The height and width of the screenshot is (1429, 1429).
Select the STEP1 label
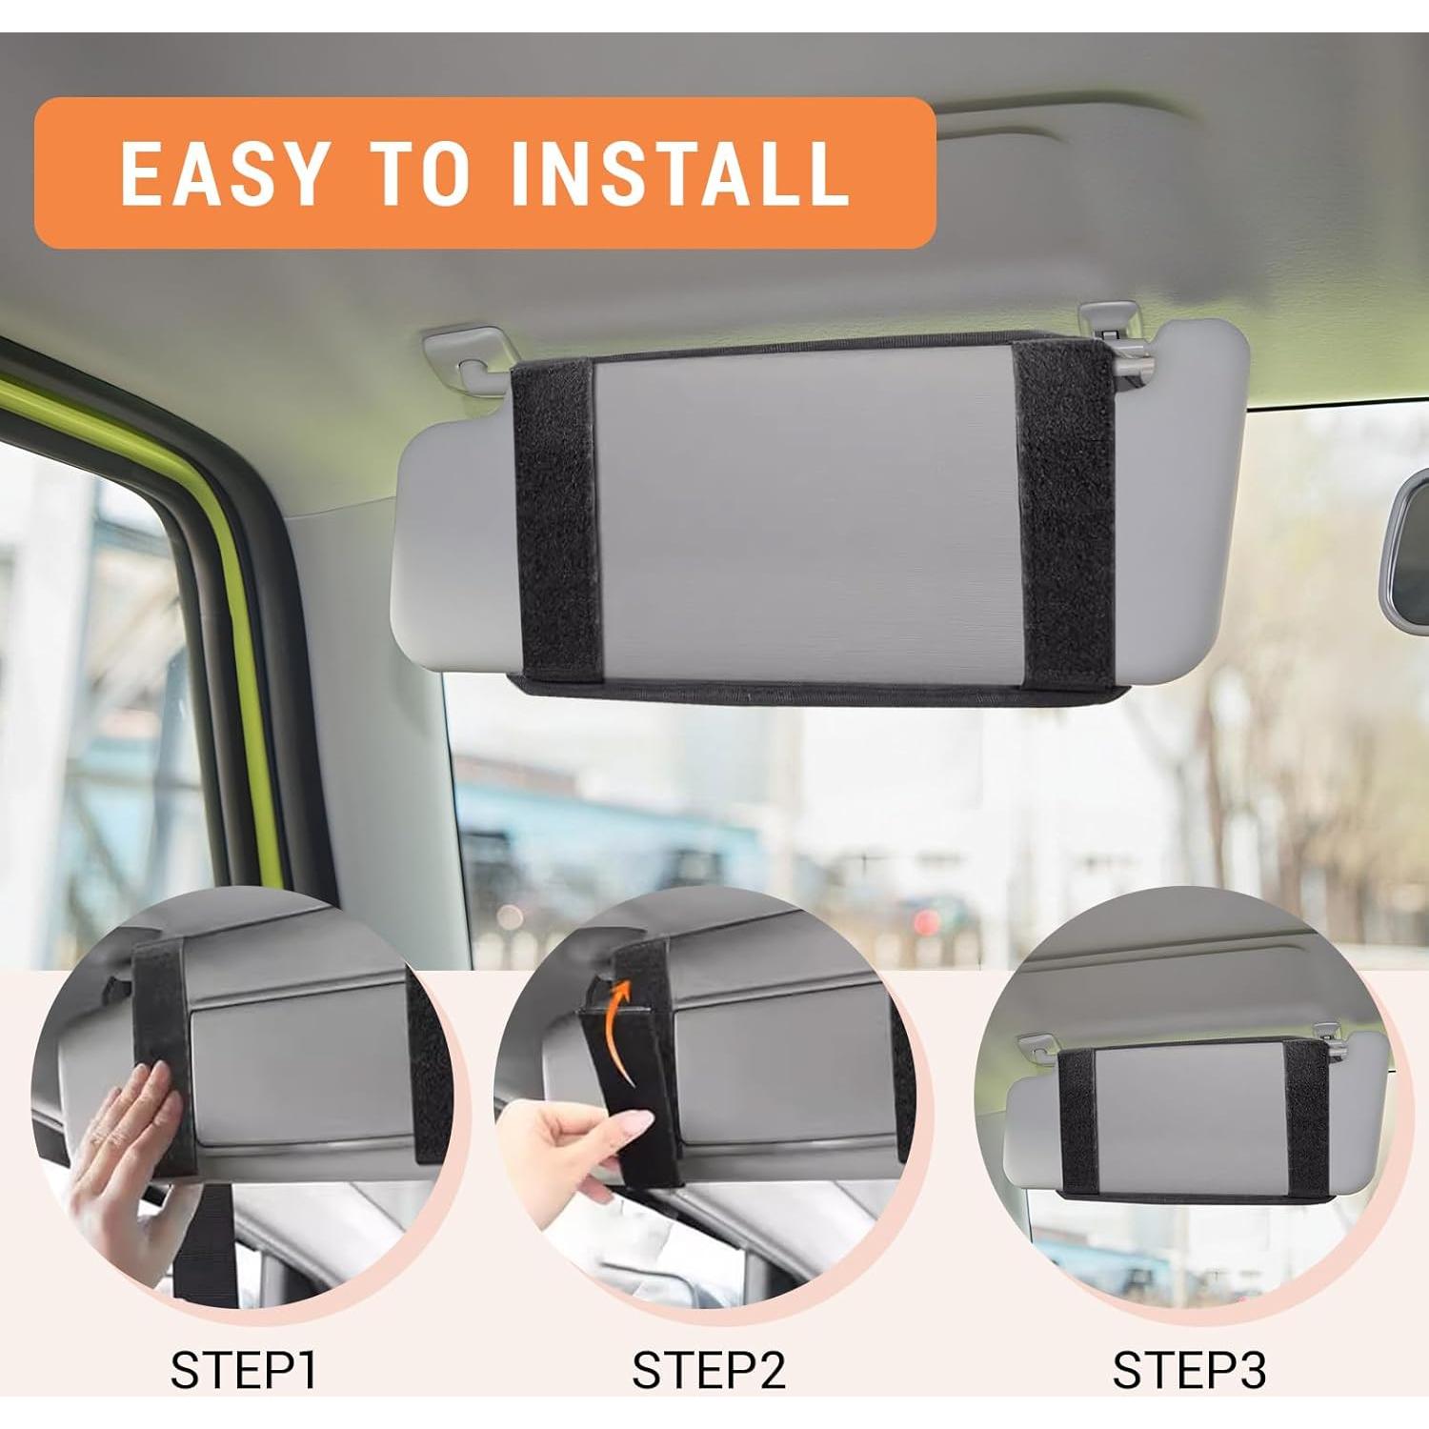(x=243, y=1369)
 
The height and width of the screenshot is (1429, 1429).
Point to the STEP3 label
(x=1189, y=1369)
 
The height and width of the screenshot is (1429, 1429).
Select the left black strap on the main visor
(x=553, y=519)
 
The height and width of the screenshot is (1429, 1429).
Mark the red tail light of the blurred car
(x=922, y=919)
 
